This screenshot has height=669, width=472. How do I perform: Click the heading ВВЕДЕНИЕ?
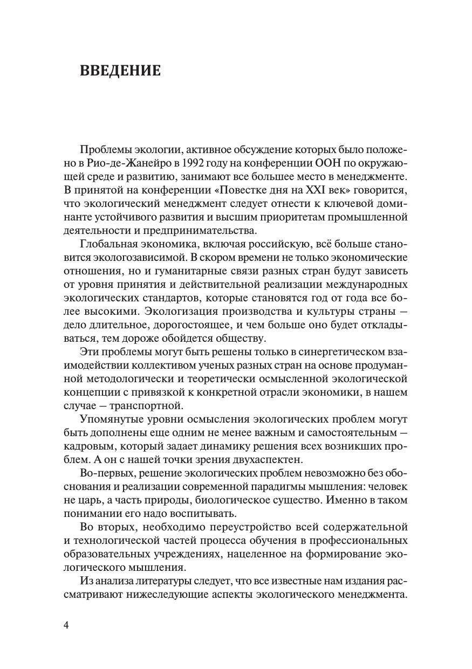click(x=120, y=71)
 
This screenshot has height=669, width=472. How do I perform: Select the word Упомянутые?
click(x=113, y=418)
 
